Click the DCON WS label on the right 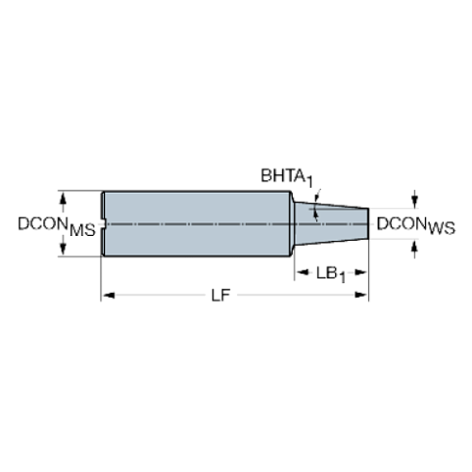click(x=415, y=226)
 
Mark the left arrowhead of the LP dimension click(x=107, y=295)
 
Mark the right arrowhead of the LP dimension click(x=363, y=295)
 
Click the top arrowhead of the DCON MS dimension click(x=66, y=197)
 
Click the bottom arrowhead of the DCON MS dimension click(x=66, y=252)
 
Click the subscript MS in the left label click(x=85, y=230)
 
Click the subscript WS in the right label click(x=440, y=230)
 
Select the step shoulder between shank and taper click(x=293, y=224)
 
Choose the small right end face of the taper click(x=368, y=223)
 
